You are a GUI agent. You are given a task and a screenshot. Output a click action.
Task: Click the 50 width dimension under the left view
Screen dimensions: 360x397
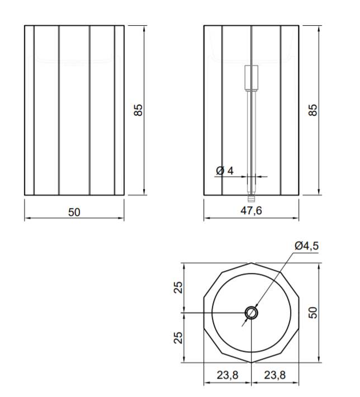pyautogui.click(x=74, y=212)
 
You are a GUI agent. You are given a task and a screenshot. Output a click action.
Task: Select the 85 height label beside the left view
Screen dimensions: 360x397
pyautogui.click(x=138, y=110)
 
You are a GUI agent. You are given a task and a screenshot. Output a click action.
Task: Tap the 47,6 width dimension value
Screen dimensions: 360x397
pyautogui.click(x=251, y=210)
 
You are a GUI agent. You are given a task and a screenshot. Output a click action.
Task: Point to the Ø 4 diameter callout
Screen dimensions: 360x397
pyautogui.click(x=225, y=171)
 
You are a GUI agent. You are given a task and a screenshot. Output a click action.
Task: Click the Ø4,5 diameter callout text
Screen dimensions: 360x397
pyautogui.click(x=306, y=246)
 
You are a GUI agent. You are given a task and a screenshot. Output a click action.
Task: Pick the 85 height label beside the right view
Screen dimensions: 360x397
pyautogui.click(x=313, y=110)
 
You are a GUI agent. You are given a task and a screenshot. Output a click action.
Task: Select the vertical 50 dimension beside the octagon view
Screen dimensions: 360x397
pyautogui.click(x=313, y=313)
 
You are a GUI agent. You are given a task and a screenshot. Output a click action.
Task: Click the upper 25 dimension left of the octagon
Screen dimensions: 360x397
pyautogui.click(x=178, y=287)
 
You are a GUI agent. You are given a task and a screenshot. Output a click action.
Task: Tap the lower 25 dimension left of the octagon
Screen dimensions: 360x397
pyautogui.click(x=178, y=338)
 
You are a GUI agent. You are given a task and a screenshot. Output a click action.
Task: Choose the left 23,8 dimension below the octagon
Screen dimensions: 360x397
pyautogui.click(x=228, y=375)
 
